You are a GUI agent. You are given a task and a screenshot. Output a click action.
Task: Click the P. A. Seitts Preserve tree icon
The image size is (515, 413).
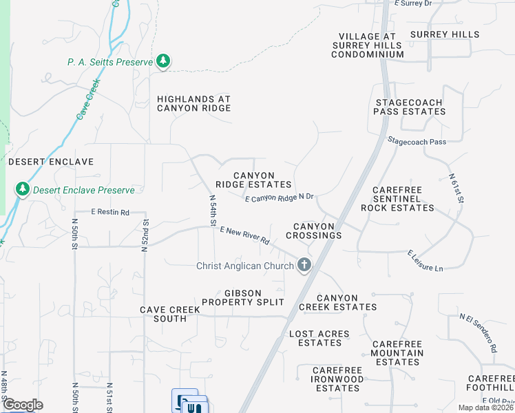pos(163,62)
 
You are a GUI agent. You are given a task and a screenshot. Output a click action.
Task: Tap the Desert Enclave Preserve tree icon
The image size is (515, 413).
pos(23,189)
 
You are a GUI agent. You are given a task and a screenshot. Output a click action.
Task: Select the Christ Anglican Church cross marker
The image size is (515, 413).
pos(304,265)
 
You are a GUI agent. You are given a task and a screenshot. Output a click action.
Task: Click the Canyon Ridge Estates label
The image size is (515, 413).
pos(253,180)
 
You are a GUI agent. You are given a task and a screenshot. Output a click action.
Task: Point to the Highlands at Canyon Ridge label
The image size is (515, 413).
pos(193,104)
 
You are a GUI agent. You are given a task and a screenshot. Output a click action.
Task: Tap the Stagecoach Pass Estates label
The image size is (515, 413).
pos(410,107)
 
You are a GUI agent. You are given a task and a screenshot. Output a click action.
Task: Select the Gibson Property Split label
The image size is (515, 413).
pos(243,297)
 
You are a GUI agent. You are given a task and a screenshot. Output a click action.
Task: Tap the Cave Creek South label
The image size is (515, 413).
pos(170,314)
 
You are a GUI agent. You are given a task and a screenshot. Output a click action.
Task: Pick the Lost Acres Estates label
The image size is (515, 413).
pos(319,338)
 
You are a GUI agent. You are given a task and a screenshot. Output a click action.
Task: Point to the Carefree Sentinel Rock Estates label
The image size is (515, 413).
pos(402,198)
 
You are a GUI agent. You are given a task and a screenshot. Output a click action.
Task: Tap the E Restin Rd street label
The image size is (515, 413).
pos(111,213)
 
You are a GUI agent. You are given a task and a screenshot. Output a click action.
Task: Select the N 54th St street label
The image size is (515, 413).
pos(213,209)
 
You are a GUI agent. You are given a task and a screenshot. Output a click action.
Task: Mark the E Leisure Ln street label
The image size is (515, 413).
pos(425,260)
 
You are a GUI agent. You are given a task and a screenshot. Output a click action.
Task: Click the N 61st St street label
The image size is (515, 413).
pos(456,188)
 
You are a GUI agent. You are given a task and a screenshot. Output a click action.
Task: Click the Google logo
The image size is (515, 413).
pos(23,405)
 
